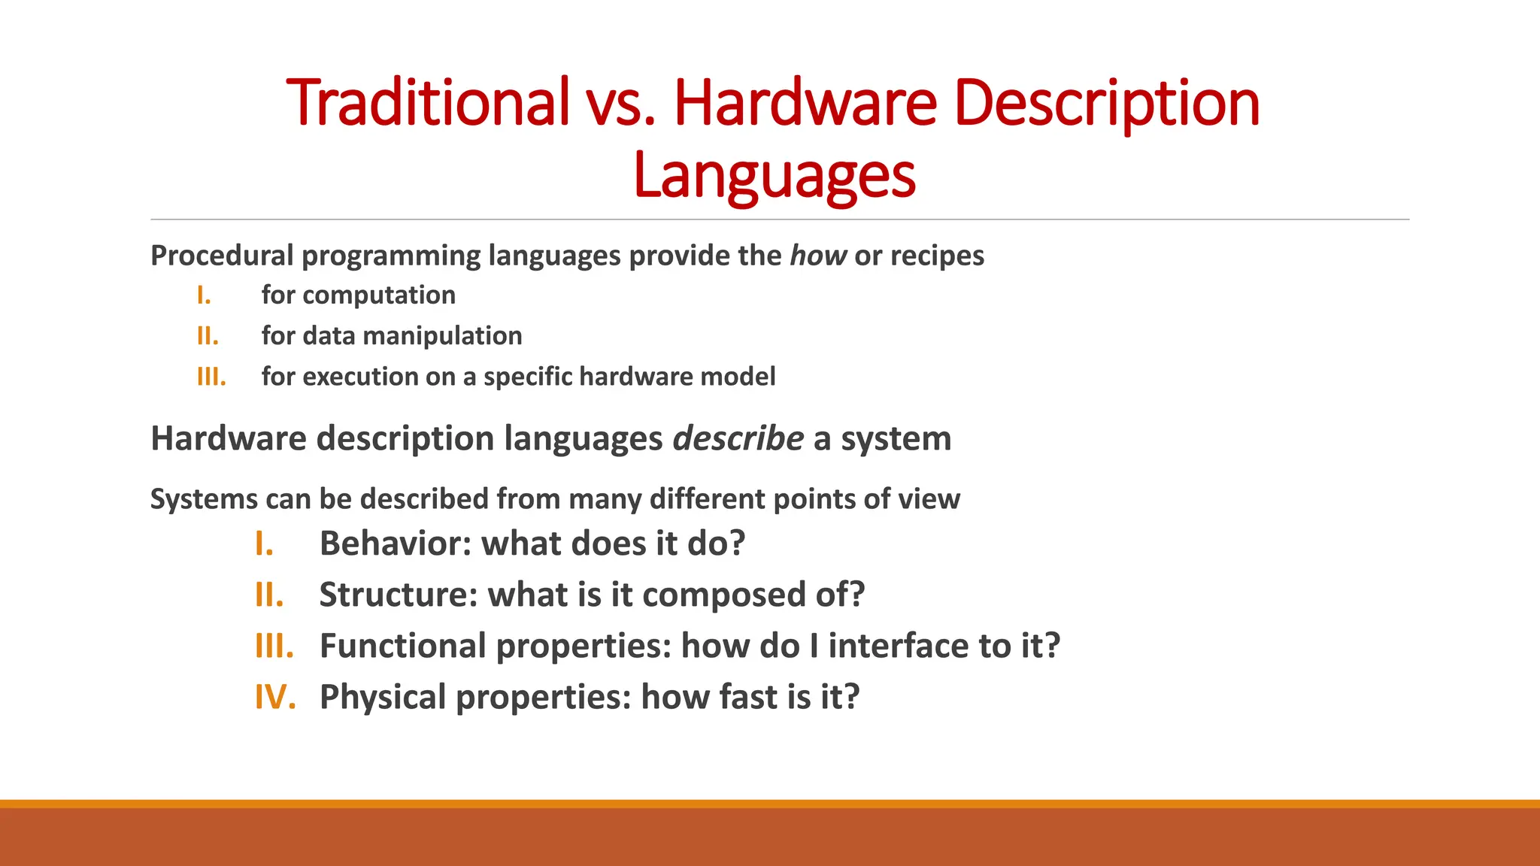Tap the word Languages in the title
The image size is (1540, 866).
[775, 174]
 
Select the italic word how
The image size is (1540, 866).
[818, 256]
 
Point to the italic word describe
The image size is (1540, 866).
[738, 438]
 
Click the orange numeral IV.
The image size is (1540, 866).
[274, 697]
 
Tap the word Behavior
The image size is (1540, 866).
[395, 544]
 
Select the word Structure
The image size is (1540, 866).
[399, 595]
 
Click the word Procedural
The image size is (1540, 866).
[221, 256]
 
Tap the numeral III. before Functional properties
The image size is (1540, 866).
[274, 646]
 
